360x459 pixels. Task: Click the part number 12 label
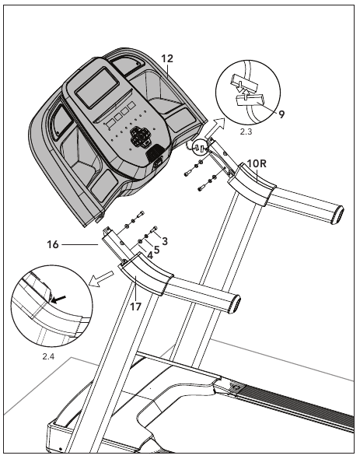pyautogui.click(x=167, y=58)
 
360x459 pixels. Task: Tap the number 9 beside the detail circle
pyautogui.click(x=281, y=114)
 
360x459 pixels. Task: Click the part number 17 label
pyautogui.click(x=135, y=306)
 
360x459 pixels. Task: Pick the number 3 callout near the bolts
pyautogui.click(x=165, y=241)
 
